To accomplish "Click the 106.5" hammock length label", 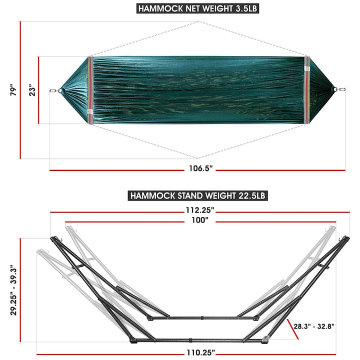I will [x=200, y=169].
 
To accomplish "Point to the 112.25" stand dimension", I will [x=199, y=210].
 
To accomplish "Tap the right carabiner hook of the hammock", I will [x=342, y=90].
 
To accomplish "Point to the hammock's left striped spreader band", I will [x=90, y=90].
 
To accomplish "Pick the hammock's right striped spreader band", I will [x=306, y=90].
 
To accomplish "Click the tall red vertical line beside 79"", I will [x=20, y=90].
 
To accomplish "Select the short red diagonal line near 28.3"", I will [x=293, y=330].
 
